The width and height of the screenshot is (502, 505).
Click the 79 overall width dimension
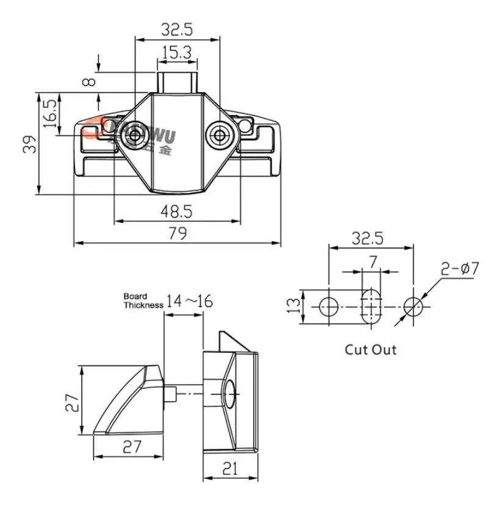(x=177, y=233)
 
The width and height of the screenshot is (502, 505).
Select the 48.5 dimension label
(x=176, y=211)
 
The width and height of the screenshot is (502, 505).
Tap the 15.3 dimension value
(x=177, y=53)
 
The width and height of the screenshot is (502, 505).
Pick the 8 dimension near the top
(x=92, y=81)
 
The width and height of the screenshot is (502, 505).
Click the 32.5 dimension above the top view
(x=177, y=28)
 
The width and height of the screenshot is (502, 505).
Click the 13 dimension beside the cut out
(x=294, y=303)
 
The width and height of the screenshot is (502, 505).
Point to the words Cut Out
(x=371, y=350)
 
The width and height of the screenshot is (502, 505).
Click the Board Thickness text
(x=143, y=300)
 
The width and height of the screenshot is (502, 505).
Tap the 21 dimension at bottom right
(x=230, y=469)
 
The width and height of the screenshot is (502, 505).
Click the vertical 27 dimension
(x=72, y=401)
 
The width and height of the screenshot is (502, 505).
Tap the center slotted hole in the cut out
(x=371, y=304)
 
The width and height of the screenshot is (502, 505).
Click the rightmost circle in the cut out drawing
(x=413, y=305)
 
